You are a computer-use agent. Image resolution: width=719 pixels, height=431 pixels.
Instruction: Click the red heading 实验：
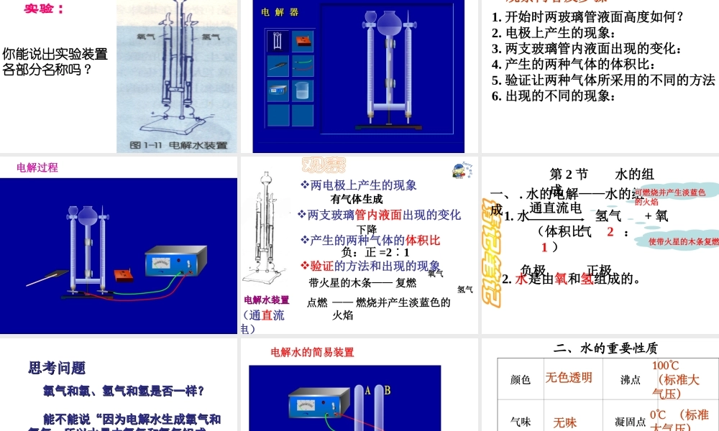pos(44,9)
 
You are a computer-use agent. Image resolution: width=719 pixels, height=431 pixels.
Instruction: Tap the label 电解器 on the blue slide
pos(279,12)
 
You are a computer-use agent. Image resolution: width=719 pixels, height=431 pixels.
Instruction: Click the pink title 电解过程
pos(37,167)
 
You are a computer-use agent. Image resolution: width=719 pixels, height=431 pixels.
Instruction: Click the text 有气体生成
pos(357,199)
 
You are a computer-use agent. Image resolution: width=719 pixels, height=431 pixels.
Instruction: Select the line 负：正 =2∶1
pos(375,252)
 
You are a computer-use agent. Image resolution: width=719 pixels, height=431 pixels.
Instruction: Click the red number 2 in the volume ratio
pos(610,231)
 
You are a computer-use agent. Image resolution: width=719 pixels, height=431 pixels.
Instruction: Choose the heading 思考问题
pos(57,368)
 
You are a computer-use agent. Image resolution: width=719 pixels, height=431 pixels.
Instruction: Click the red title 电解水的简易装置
pos(312,352)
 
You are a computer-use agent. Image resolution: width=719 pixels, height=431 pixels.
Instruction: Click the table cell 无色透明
pos(568,378)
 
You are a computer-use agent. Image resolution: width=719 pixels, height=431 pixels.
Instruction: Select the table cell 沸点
pos(631,380)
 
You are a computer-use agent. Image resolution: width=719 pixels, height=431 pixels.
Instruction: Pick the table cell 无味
pos(564,423)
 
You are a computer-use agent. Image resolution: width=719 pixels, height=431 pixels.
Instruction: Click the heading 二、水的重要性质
pos(605,348)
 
